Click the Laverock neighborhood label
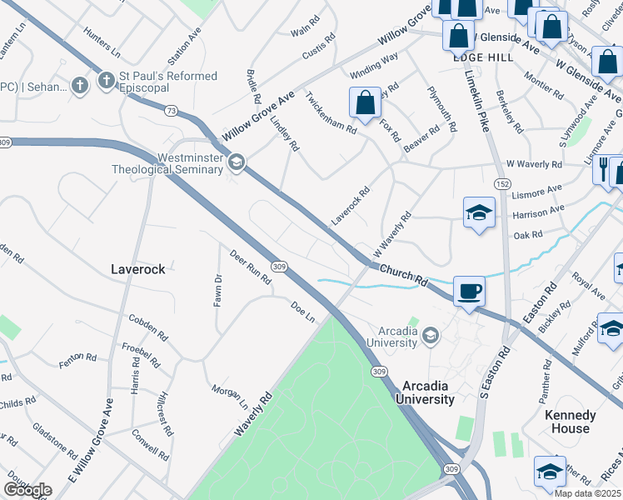pyautogui.click(x=138, y=269)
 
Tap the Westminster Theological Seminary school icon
pyautogui.click(x=237, y=162)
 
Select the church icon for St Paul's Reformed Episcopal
pyautogui.click(x=106, y=82)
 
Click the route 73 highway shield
pyautogui.click(x=171, y=110)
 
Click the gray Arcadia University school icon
pyautogui.click(x=431, y=336)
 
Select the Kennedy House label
pyautogui.click(x=571, y=422)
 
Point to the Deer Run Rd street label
pyautogui.click(x=250, y=268)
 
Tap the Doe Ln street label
pyautogui.click(x=303, y=312)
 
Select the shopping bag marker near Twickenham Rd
pyautogui.click(x=365, y=103)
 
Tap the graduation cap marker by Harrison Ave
pyautogui.click(x=479, y=212)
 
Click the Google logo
pyautogui.click(x=27, y=490)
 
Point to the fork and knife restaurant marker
pyautogui.click(x=603, y=171)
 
